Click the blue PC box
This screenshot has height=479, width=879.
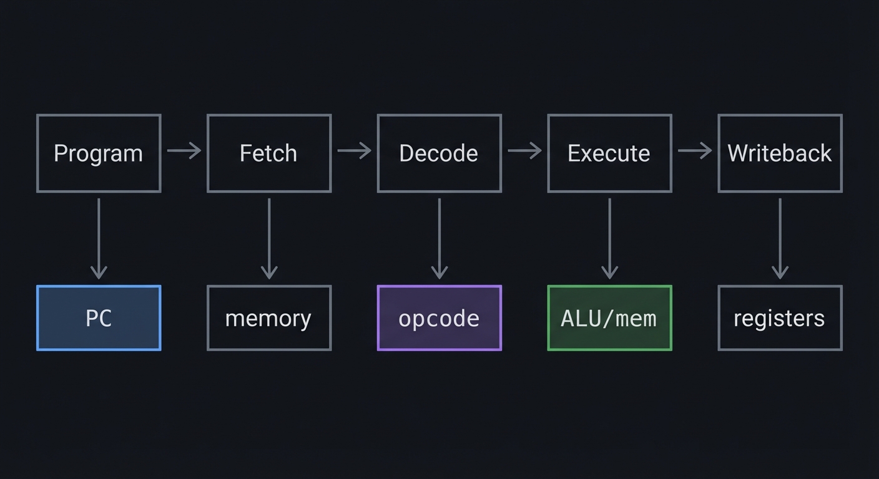(99, 318)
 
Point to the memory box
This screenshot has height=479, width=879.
(269, 318)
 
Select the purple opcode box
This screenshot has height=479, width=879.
(439, 318)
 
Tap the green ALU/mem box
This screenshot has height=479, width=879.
(609, 318)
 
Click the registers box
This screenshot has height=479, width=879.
(780, 318)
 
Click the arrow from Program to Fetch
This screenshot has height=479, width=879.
(184, 150)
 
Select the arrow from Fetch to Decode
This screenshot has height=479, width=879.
(354, 150)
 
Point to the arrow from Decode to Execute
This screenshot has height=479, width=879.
(524, 150)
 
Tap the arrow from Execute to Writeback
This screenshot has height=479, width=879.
(695, 150)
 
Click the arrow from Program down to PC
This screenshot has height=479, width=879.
(99, 238)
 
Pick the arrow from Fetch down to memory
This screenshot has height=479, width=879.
(269, 238)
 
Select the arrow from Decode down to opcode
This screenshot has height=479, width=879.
(439, 238)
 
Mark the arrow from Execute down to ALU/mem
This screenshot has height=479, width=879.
(609, 238)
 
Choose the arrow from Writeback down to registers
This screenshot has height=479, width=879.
(780, 238)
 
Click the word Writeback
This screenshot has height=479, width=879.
(780, 153)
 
